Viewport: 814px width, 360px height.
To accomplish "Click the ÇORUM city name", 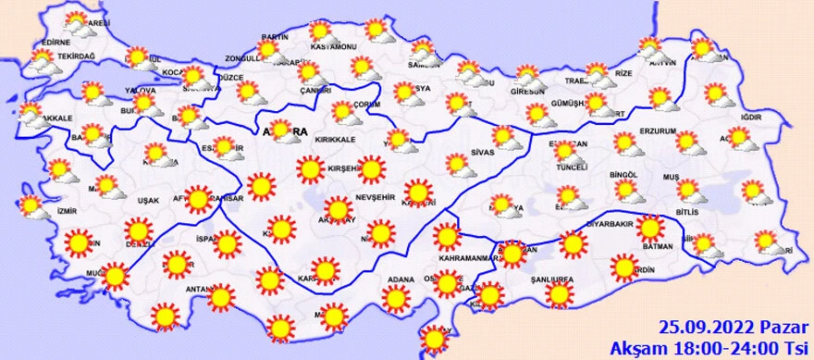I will coord(367,105).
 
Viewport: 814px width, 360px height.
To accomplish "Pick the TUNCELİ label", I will coord(573,173).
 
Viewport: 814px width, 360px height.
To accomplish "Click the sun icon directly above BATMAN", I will coord(650,228).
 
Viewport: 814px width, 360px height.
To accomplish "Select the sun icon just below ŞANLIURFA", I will coord(558,294).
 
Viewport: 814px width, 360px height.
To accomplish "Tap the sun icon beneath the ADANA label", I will coord(396,298).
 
